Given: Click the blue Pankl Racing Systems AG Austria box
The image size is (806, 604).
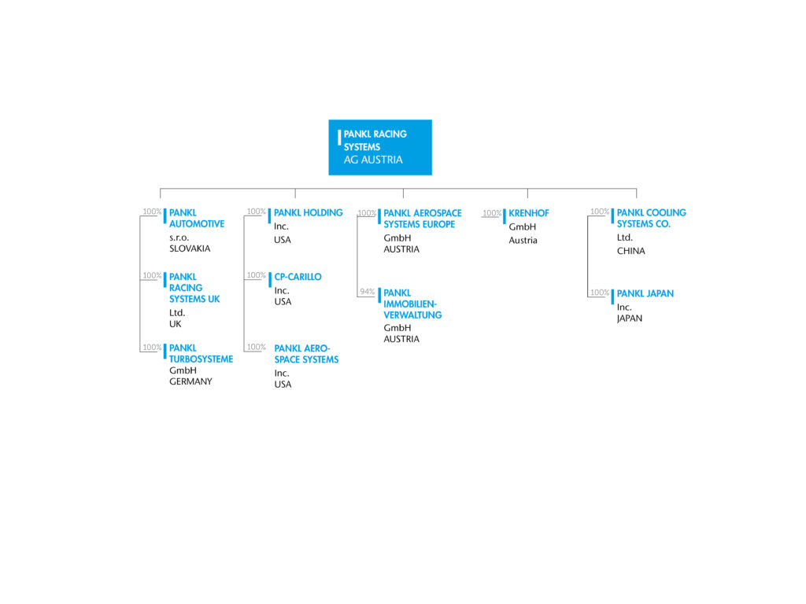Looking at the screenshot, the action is tap(380, 147).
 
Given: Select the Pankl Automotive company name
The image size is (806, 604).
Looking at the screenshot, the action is tap(197, 219).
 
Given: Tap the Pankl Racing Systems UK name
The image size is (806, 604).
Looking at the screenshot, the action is tap(194, 288).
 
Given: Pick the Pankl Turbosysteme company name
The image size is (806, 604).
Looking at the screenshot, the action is tap(201, 353).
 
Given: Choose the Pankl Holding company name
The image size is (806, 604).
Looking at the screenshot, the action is tap(309, 212).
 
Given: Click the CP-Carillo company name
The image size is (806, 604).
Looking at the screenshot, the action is tap(298, 277).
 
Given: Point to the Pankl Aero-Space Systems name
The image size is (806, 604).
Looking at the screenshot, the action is tap(306, 354).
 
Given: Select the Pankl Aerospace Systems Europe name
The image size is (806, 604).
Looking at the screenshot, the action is tap(423, 219).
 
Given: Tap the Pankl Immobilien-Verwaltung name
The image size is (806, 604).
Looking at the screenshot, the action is tap(412, 304).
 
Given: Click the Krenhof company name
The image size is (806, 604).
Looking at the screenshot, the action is tap(529, 213).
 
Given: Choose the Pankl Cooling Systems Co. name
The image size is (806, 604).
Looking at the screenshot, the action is tap(651, 219).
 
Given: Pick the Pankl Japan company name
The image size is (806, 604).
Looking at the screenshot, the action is tap(645, 294).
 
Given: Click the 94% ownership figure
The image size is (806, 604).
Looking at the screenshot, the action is tap(367, 292).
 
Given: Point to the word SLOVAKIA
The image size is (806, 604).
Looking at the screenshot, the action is tap(190, 249).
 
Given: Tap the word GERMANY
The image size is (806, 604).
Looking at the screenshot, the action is tap(190, 381).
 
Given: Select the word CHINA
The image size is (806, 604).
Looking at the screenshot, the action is tap(630, 251).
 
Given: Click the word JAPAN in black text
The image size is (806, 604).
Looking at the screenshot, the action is tap(630, 319).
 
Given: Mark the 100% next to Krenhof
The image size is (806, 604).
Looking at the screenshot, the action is tap(492, 213).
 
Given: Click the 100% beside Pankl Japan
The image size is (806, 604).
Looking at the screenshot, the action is tap(600, 293).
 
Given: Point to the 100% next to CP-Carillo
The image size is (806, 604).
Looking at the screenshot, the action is tap(256, 275).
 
